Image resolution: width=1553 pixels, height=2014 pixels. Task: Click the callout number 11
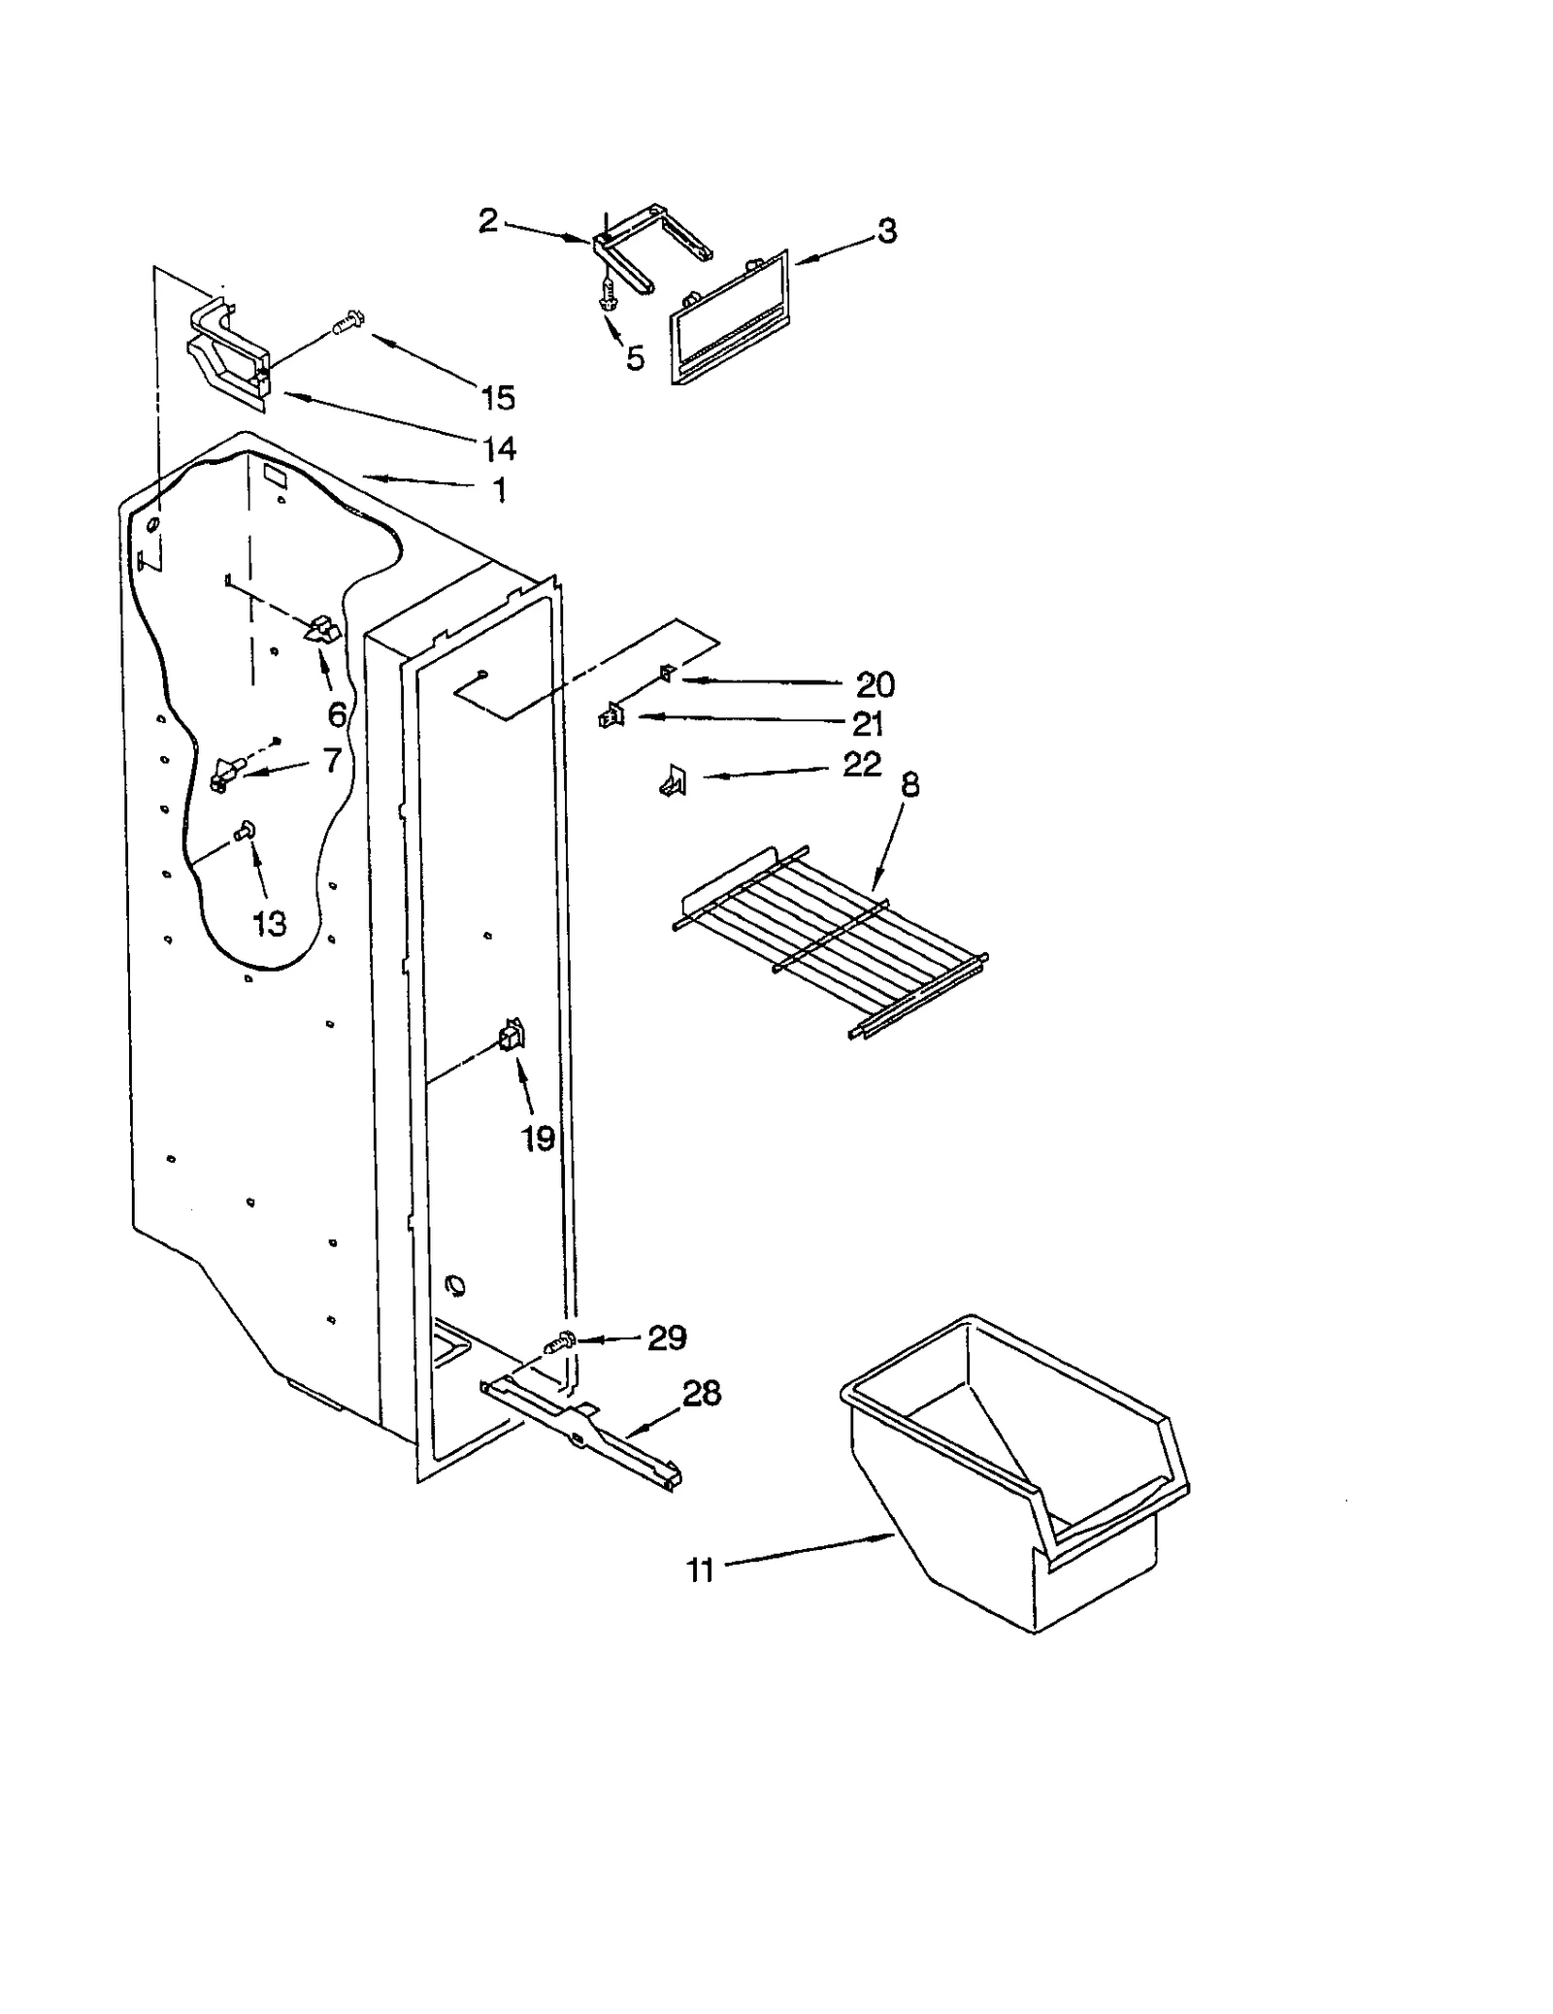(x=700, y=1569)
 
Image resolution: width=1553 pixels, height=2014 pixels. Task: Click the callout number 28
(x=702, y=1394)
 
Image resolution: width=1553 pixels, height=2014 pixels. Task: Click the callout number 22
(x=861, y=764)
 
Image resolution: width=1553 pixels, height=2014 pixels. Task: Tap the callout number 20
(x=875, y=685)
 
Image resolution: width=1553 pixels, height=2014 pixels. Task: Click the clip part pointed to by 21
(x=611, y=716)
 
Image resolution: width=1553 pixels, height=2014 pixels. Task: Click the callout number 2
(x=487, y=221)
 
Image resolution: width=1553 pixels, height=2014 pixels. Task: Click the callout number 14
(x=499, y=448)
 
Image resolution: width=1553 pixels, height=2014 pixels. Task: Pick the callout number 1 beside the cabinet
(x=500, y=490)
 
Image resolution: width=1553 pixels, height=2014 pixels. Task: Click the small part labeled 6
(x=322, y=632)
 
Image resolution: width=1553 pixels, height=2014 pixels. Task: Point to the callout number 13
(x=269, y=923)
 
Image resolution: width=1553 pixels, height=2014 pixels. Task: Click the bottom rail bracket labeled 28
(x=582, y=1436)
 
